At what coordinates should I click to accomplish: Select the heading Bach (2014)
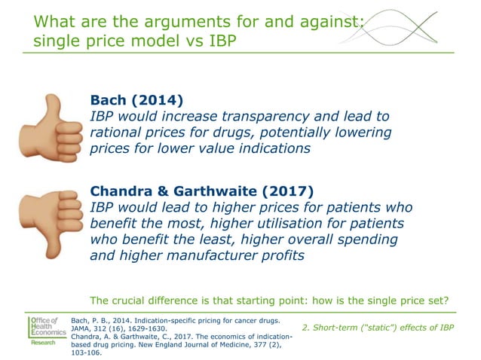point(136,100)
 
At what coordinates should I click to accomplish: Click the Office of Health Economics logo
point(47,332)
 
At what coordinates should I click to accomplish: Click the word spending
point(369,239)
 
